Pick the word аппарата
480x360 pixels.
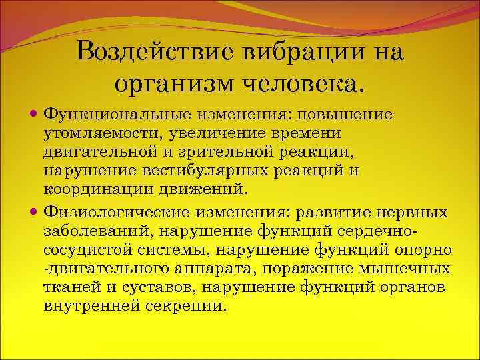pyautogui.click(x=205, y=268)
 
